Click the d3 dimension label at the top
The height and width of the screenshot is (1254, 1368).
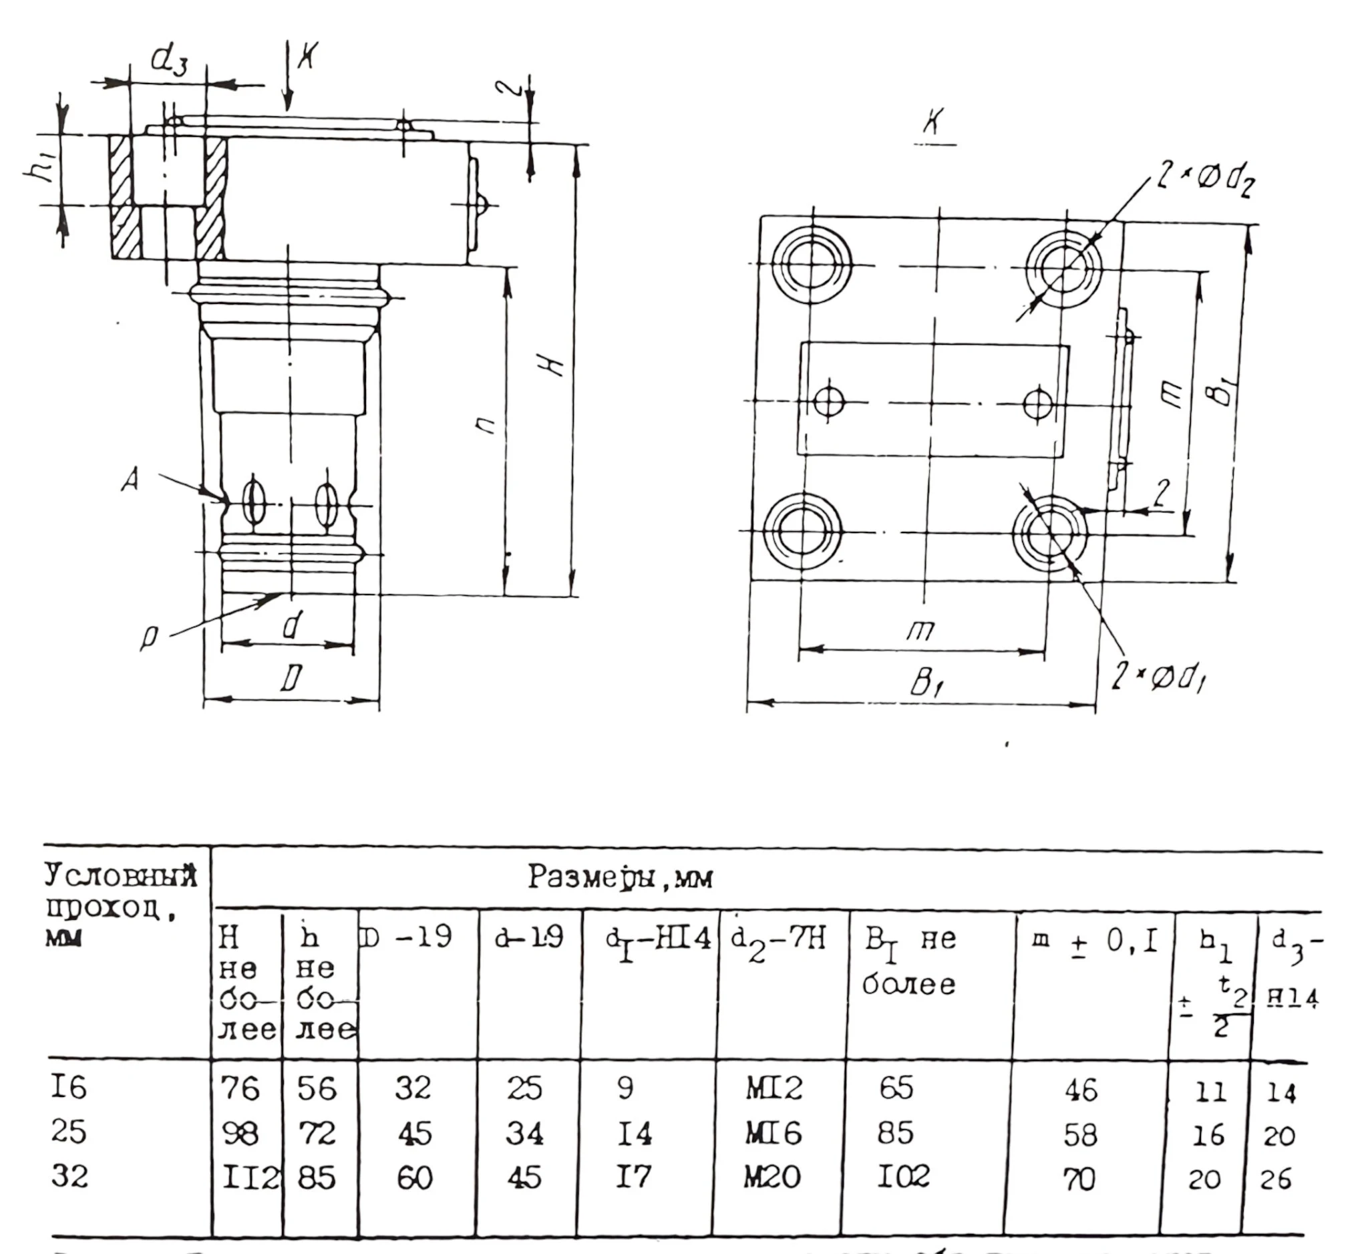168,60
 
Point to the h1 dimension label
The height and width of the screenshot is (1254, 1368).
40,170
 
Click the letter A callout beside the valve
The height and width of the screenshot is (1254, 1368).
131,480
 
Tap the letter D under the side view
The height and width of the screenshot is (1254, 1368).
291,678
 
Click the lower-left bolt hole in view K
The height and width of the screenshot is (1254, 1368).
803,532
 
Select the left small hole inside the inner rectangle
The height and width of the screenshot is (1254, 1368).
828,402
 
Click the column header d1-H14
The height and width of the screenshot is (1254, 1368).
657,940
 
